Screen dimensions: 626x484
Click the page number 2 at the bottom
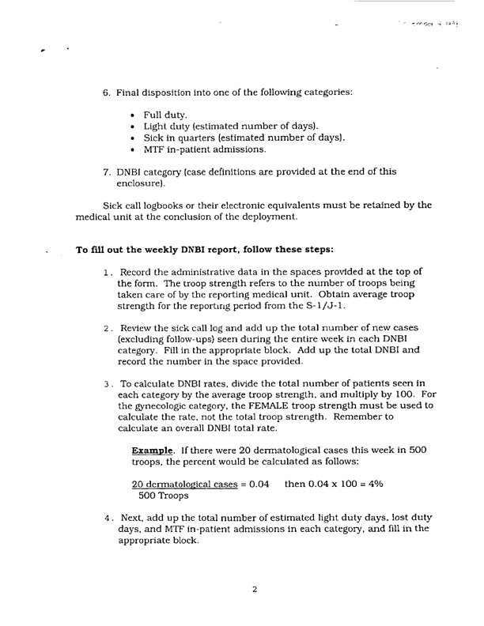(255, 588)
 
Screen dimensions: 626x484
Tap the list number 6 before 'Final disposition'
(106, 92)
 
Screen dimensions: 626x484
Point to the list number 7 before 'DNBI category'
(106, 172)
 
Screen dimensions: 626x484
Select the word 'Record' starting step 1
(134, 273)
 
